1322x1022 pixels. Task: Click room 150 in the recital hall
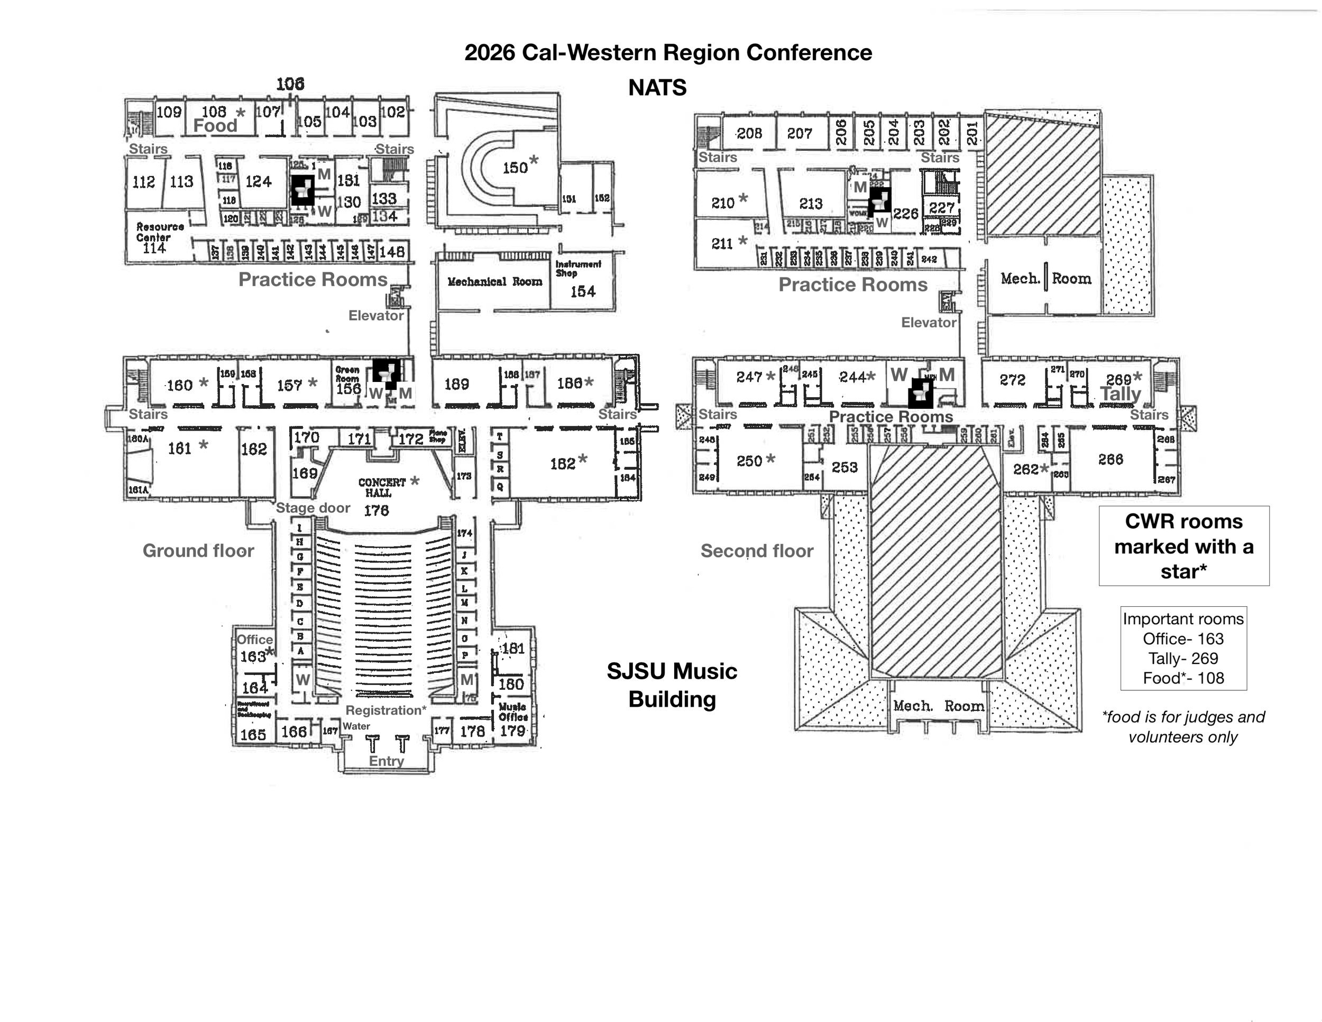(515, 167)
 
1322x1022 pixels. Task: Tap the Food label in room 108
(216, 126)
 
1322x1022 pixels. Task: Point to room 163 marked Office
(253, 656)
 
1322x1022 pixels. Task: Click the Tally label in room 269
(1121, 394)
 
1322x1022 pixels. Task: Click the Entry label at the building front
(386, 761)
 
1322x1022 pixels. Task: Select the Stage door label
(313, 508)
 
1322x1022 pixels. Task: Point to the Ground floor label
(198, 550)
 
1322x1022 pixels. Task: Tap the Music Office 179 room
(513, 720)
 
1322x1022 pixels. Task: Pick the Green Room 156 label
(348, 380)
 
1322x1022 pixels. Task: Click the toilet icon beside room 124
(302, 189)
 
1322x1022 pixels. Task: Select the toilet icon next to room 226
(879, 200)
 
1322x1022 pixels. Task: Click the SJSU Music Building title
(672, 685)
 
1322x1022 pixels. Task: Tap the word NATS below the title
(657, 88)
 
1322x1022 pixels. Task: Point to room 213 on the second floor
(811, 204)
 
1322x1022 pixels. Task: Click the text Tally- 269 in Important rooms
(1183, 658)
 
